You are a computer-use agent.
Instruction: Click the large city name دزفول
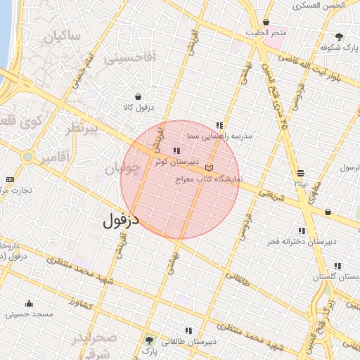(x=121, y=220)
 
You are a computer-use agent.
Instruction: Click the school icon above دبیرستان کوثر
(x=176, y=150)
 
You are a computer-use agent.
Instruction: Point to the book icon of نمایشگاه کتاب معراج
(x=209, y=169)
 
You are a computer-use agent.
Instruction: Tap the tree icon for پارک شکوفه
(x=340, y=37)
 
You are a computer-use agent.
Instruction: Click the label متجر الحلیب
(x=266, y=33)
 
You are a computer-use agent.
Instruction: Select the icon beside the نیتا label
(x=301, y=173)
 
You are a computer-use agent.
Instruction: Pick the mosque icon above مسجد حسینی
(x=29, y=303)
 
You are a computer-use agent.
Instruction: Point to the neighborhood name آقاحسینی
(x=129, y=58)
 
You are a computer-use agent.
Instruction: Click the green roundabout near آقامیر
(x=27, y=157)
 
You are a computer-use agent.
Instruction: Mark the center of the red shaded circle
(x=180, y=179)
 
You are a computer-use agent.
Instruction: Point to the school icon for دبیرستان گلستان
(x=337, y=266)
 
